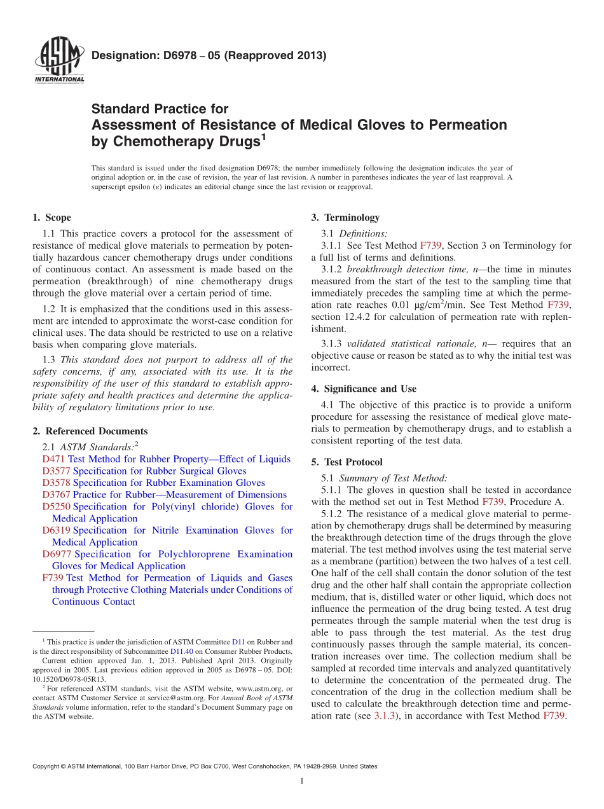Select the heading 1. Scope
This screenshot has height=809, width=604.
(51, 218)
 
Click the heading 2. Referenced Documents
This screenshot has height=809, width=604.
(90, 431)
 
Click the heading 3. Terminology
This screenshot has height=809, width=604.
(345, 218)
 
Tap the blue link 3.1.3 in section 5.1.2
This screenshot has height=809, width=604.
(384, 716)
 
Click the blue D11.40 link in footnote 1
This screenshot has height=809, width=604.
(181, 651)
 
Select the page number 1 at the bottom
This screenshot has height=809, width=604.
(302, 782)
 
